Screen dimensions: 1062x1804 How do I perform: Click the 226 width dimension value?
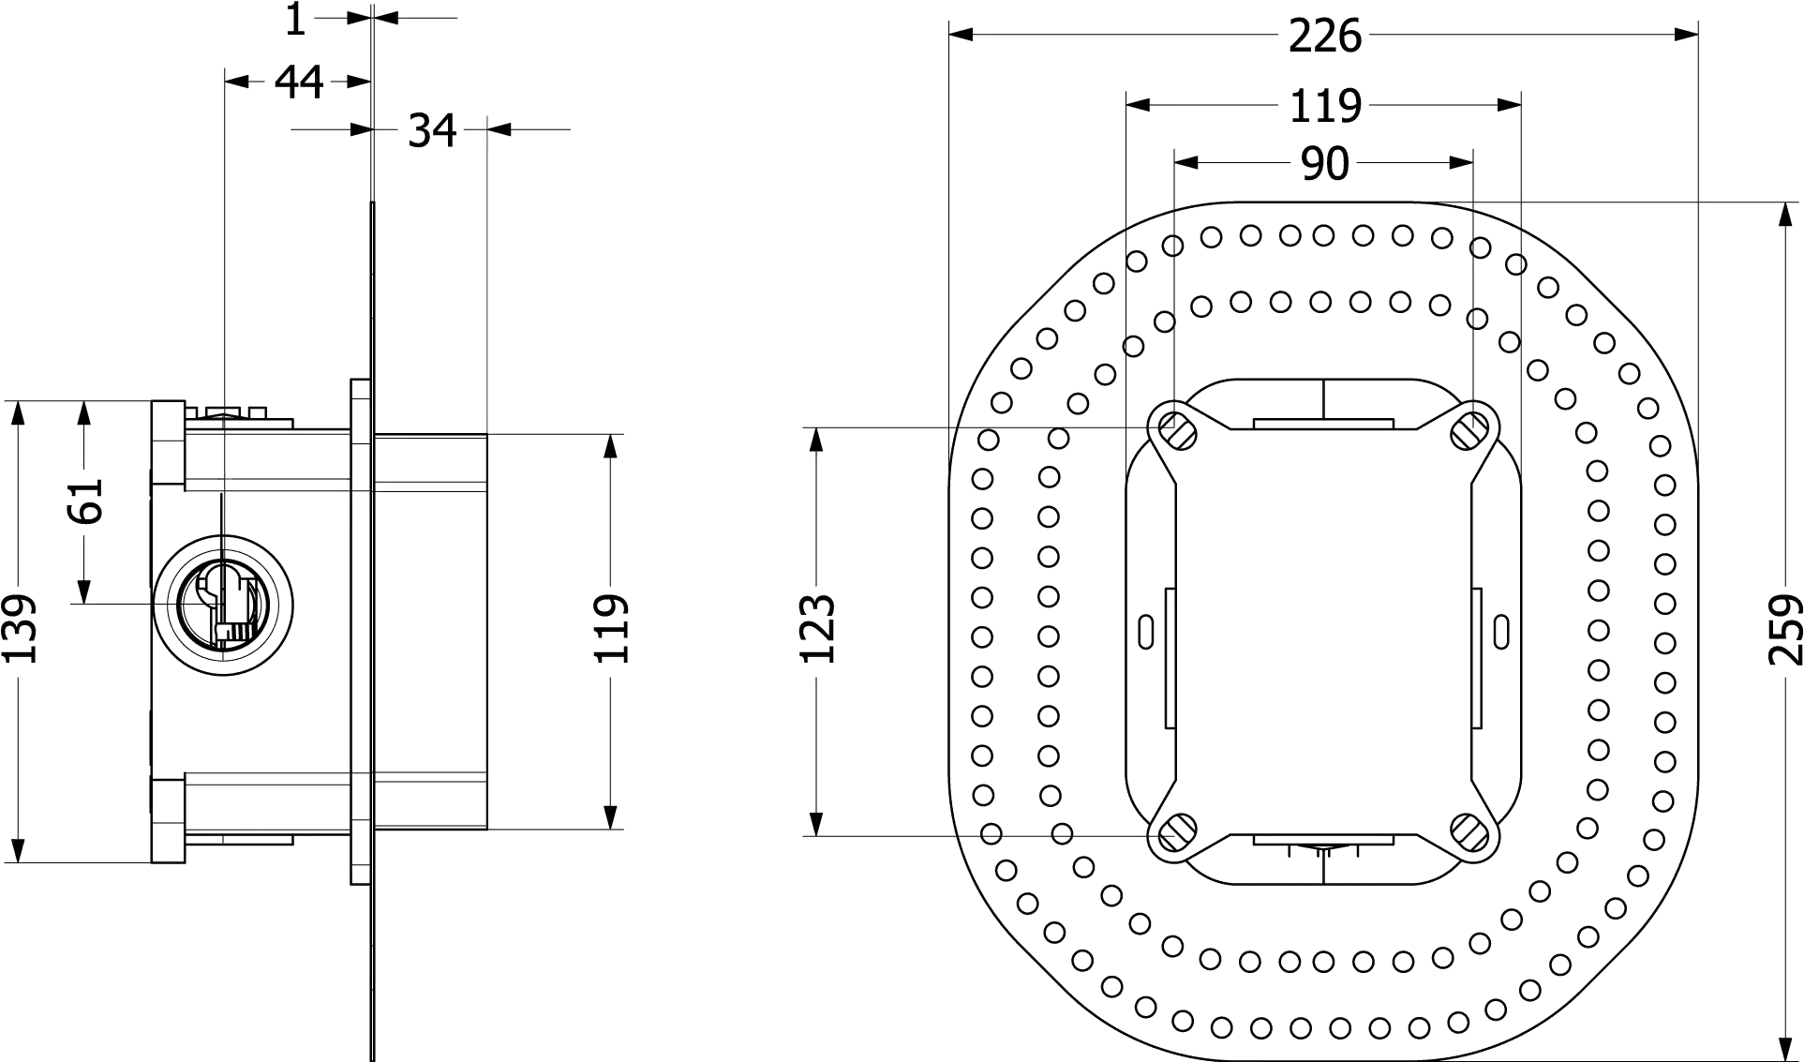[x=1324, y=36]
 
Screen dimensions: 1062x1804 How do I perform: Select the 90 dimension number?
[x=1324, y=164]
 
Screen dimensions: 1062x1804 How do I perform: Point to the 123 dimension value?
[x=817, y=629]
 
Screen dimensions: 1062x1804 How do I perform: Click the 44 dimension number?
[x=298, y=82]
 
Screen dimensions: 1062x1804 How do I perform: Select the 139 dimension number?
[x=19, y=629]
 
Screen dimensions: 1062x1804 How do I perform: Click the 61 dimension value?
[x=85, y=505]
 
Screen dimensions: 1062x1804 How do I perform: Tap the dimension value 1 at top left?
[x=296, y=19]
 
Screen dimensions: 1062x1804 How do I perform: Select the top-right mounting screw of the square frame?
[x=1470, y=430]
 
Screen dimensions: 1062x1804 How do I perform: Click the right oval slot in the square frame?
[x=1500, y=630]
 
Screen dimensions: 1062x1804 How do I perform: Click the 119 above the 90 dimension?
[x=1324, y=104]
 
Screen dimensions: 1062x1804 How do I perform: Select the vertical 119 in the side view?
[x=611, y=629]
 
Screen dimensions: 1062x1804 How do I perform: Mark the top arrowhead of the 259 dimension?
[x=1782, y=216]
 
